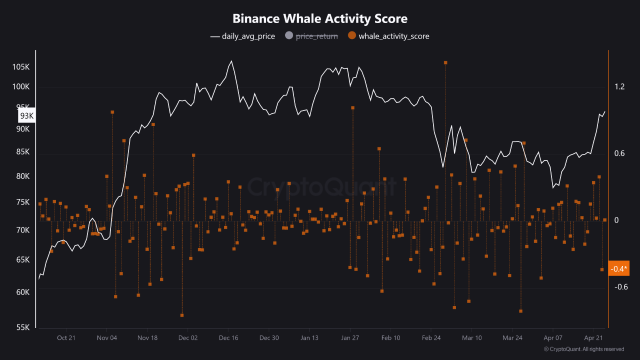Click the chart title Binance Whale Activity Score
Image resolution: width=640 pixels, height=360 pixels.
[x=320, y=18]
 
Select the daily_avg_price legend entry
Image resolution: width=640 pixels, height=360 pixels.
[x=242, y=36]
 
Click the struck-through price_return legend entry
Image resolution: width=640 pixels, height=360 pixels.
[x=311, y=36]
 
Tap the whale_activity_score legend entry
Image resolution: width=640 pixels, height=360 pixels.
[x=388, y=36]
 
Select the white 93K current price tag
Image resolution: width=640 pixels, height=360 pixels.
[x=27, y=116]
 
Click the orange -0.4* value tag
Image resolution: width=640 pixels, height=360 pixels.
[x=618, y=269]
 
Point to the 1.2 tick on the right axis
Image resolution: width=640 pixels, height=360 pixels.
[x=620, y=87]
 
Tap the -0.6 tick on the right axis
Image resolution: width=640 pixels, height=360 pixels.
[x=620, y=287]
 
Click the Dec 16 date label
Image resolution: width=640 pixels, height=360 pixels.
[x=228, y=338]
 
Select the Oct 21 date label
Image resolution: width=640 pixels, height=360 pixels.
[x=66, y=338]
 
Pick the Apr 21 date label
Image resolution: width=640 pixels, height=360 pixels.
[x=593, y=338]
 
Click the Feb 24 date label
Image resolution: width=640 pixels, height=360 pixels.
[x=431, y=338]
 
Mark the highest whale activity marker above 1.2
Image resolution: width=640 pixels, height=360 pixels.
[x=445, y=62]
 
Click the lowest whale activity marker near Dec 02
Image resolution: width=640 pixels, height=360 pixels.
[x=182, y=315]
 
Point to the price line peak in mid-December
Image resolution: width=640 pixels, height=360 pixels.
[x=231, y=61]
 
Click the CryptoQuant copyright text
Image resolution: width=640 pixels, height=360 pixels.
[x=583, y=349]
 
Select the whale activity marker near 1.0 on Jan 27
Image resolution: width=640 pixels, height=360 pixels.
[x=352, y=107]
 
